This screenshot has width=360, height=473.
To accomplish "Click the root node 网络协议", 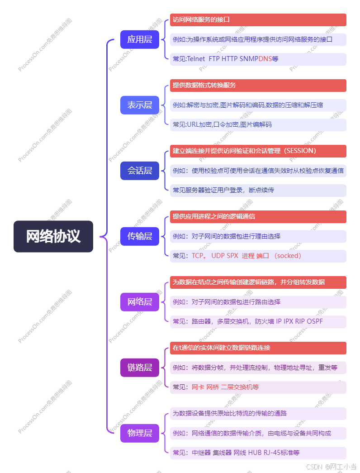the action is (53, 236).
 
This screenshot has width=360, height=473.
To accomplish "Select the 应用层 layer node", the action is (140, 39).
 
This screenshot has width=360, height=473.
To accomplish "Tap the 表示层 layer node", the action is (140, 105).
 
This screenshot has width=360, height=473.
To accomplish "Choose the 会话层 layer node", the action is (140, 171).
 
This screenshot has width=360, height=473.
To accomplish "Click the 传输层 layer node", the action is (140, 236).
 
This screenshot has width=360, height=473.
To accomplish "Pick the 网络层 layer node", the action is (140, 302).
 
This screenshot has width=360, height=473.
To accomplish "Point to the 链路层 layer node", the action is (140, 368).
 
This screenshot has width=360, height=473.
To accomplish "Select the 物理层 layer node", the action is (140, 433).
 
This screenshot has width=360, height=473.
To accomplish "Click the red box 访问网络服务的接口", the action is (258, 20).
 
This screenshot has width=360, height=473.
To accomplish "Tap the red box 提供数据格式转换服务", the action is (258, 86).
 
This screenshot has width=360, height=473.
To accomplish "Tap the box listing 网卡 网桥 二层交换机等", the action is (258, 387).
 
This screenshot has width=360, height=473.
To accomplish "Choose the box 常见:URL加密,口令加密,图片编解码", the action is (258, 125).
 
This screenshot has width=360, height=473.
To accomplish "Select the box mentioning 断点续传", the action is (258, 191).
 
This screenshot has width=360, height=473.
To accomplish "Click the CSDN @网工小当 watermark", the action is (331, 467).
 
